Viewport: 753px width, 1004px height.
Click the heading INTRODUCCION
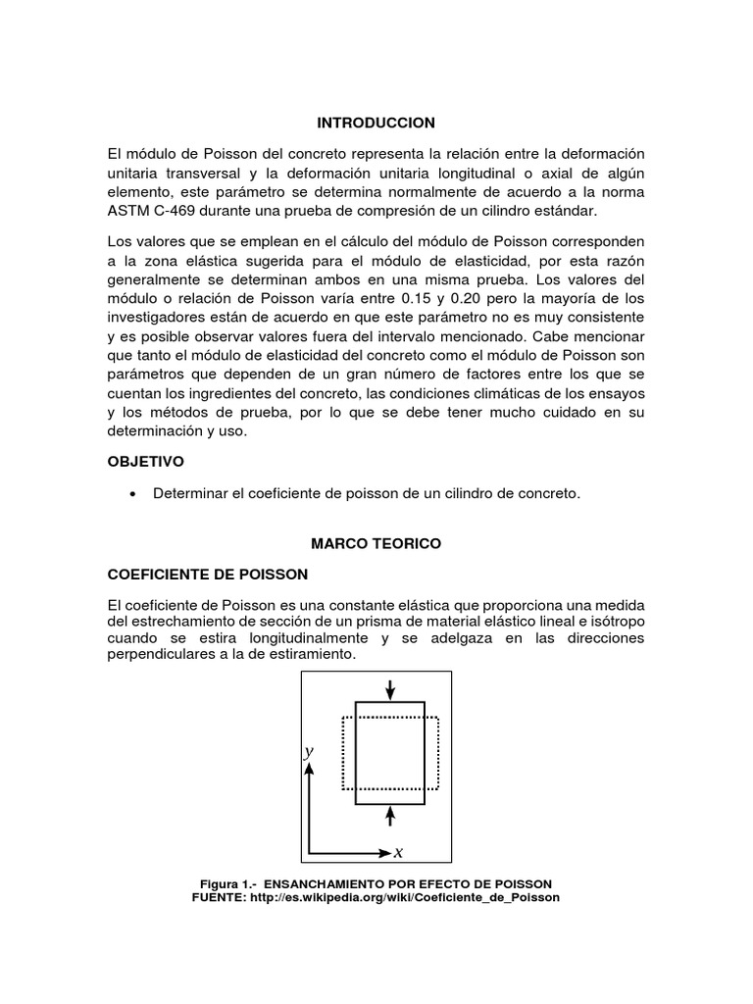click(376, 123)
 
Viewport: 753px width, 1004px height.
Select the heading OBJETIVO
click(146, 460)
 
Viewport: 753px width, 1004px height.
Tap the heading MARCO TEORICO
click(376, 542)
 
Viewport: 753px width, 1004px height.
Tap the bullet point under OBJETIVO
click(131, 495)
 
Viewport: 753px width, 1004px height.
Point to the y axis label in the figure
click(308, 751)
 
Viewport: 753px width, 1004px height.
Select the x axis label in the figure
click(398, 853)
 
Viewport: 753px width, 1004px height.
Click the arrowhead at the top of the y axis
click(309, 771)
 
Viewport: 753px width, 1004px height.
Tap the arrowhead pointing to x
click(383, 853)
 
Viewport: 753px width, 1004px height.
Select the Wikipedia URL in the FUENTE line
click(406, 897)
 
